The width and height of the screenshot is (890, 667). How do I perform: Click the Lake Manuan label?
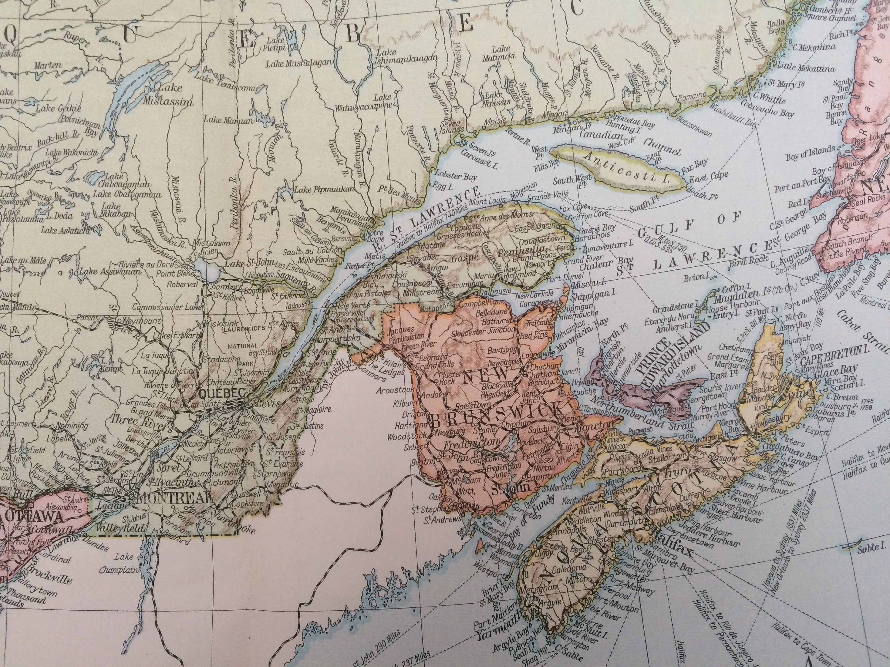point(228,120)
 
